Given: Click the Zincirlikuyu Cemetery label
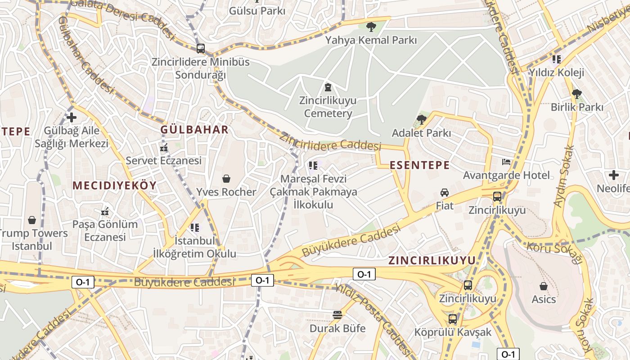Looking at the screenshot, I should pyautogui.click(x=328, y=107).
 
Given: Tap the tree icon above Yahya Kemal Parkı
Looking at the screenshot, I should pyautogui.click(x=371, y=27).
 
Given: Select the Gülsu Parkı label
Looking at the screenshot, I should pyautogui.click(x=257, y=11).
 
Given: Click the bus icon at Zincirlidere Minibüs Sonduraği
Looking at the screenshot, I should pyautogui.click(x=201, y=48).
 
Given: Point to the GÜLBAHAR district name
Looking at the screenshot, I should pyautogui.click(x=194, y=130).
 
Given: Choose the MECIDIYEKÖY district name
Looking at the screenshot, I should pyautogui.click(x=114, y=185).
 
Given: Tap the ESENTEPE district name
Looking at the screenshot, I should pyautogui.click(x=419, y=165).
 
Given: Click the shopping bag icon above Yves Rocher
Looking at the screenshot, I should pyautogui.click(x=226, y=179).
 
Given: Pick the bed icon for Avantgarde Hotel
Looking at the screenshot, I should pyautogui.click(x=506, y=162).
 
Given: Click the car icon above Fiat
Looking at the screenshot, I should pyautogui.click(x=445, y=193).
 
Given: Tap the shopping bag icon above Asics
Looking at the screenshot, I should pyautogui.click(x=544, y=286).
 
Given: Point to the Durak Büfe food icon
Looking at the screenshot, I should pyautogui.click(x=337, y=315).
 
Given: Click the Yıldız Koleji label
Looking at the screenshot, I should pyautogui.click(x=556, y=72).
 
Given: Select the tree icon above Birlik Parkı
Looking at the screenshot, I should pyautogui.click(x=576, y=94).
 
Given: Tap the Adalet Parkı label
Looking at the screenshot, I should pyautogui.click(x=421, y=133).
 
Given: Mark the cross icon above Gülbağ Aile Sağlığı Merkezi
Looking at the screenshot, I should pyautogui.click(x=71, y=118).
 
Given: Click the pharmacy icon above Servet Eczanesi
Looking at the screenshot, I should pyautogui.click(x=163, y=147).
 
